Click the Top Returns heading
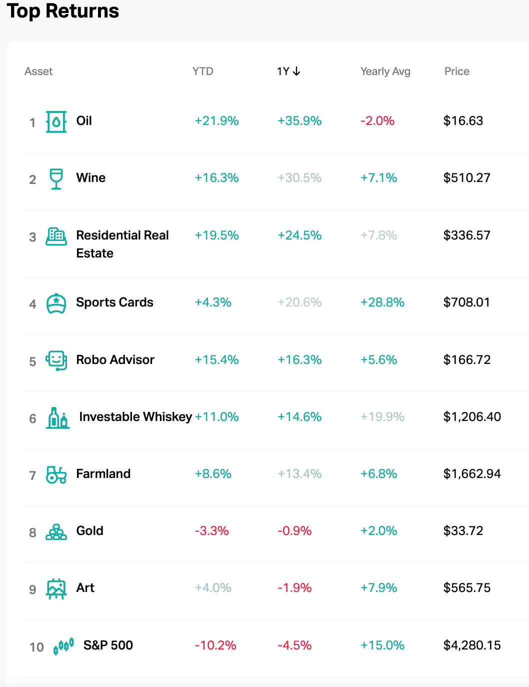pos(63,11)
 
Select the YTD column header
pos(202,71)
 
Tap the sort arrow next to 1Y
pos(296,71)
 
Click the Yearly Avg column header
pos(385,71)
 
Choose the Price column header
pos(456,71)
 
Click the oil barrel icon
pos(56,121)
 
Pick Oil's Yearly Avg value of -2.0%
pos(377,121)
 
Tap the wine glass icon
pos(56,178)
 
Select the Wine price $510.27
pos(466,178)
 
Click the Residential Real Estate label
pos(122,244)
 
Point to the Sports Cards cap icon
pos(56,303)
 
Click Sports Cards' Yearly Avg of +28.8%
pos(382,302)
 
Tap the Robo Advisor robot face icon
pos(56,360)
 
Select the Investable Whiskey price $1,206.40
pos(471,417)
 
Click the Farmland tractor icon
pos(56,474)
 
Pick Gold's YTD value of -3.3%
pos(211,531)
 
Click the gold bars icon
pos(56,532)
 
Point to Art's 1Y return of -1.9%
pos(294,588)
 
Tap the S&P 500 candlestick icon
pos(63,646)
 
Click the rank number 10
pos(36,647)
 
